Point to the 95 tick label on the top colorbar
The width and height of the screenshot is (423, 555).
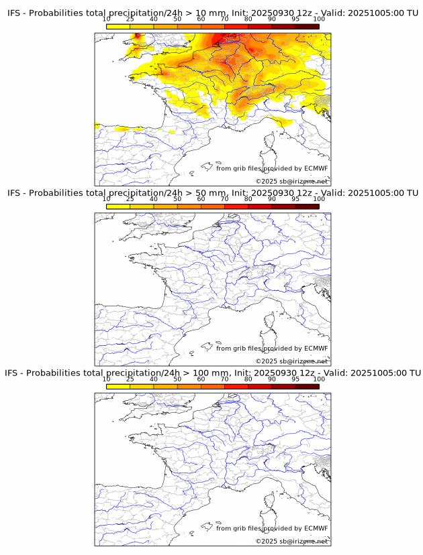click(295, 19)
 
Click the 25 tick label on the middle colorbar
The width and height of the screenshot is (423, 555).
click(130, 199)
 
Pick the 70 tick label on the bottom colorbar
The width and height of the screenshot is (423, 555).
click(224, 379)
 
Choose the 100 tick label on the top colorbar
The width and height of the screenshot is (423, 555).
click(319, 19)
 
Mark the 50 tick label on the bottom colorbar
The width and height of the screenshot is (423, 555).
click(177, 379)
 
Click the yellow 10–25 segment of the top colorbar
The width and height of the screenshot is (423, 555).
click(118, 26)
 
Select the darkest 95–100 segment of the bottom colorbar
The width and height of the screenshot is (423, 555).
click(307, 386)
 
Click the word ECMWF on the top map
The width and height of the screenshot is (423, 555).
click(316, 168)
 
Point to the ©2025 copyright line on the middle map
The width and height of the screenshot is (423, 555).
click(291, 361)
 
